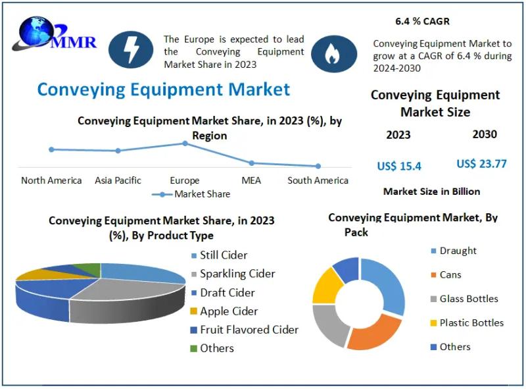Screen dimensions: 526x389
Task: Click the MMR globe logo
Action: pyautogui.click(x=54, y=34)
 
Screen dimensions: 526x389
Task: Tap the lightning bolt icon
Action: pyautogui.click(x=131, y=50)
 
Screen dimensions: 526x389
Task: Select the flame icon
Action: pyautogui.click(x=334, y=54)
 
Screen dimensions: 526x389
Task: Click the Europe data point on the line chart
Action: pyautogui.click(x=185, y=143)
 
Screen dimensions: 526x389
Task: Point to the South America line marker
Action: pyautogui.click(x=318, y=166)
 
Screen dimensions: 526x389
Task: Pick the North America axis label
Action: pyautogui.click(x=51, y=180)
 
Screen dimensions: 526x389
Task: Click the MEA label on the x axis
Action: pyautogui.click(x=251, y=180)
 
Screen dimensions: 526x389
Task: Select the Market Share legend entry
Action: pyautogui.click(x=191, y=194)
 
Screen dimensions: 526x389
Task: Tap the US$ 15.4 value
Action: pyautogui.click(x=399, y=166)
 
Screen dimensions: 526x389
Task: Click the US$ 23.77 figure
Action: pyautogui.click(x=481, y=164)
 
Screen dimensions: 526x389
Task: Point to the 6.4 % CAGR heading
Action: pyautogui.click(x=422, y=21)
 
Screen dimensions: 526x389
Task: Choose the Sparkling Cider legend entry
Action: pyautogui.click(x=233, y=274)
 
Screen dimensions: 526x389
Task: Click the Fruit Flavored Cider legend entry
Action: pyautogui.click(x=245, y=330)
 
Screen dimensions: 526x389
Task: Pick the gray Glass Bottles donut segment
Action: pyautogui.click(x=329, y=324)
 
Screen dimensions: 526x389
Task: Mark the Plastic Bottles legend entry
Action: pyautogui.click(x=467, y=323)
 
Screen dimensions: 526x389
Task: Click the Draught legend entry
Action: pyautogui.click(x=454, y=251)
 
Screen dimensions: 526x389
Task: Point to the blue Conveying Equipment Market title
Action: pyautogui.click(x=163, y=90)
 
